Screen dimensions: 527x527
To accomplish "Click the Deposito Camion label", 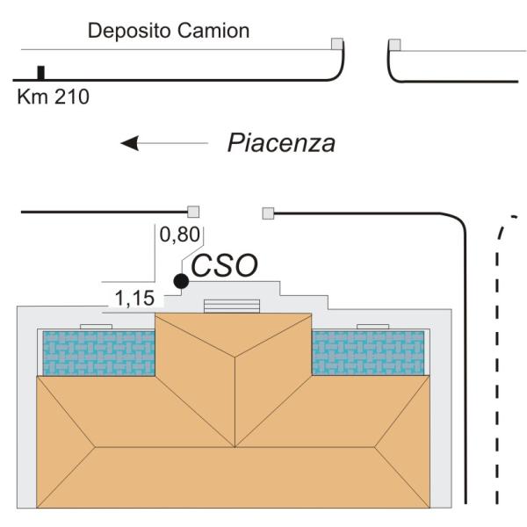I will pos(169,32).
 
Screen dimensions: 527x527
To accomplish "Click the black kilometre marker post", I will pos(40,73).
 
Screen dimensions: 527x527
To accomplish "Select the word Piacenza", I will pos(281,143).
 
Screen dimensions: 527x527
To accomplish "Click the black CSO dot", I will pos(181,281).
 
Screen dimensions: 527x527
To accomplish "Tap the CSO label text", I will pos(224,266).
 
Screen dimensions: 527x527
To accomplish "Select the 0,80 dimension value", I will pos(180,235).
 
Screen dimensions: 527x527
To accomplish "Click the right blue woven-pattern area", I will pos(369,353).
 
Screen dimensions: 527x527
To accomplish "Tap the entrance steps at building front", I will pos(233,305).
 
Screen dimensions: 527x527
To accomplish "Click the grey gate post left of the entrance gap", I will pos(194,212).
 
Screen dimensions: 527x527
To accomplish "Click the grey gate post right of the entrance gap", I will pos(268,212).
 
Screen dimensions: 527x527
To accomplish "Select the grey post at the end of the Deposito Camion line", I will pos(336,44).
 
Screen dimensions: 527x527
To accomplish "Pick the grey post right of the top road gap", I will pos(394,44).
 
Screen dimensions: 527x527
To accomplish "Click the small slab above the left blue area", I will pos(96,326).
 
